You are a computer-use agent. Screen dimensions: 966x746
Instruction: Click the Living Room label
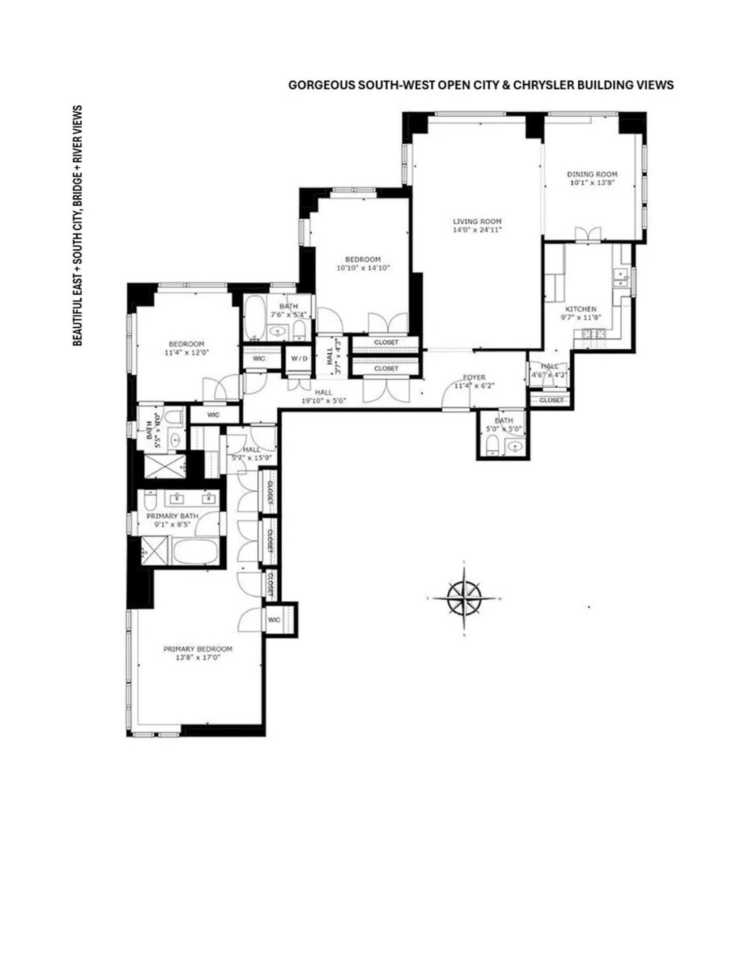477,221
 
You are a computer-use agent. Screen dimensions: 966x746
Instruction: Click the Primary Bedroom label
198,648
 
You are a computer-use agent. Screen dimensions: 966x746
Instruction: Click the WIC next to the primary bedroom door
274,619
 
